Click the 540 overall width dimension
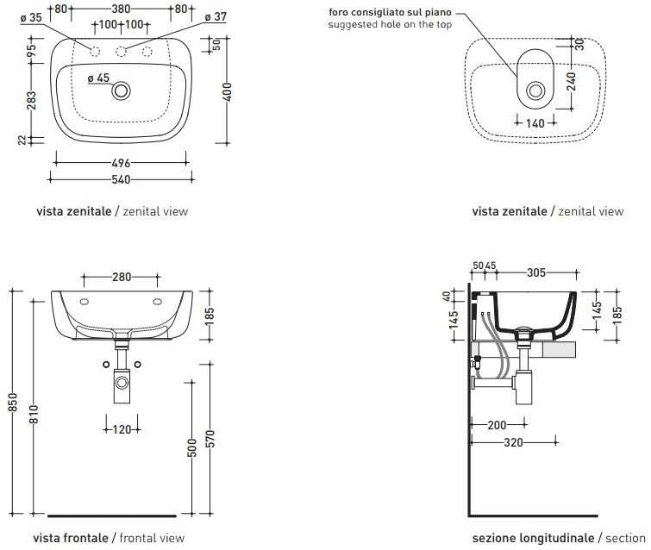tap(121, 179)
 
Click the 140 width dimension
tap(535, 123)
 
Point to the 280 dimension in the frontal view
tap(121, 277)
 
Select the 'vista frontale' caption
tap(72, 538)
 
